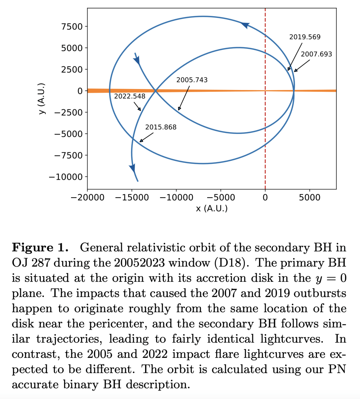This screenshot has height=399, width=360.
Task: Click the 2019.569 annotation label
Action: (x=304, y=37)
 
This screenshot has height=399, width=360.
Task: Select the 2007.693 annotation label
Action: (x=316, y=54)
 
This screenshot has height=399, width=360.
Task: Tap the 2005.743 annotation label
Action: (x=192, y=80)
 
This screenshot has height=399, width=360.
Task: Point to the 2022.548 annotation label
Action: (x=129, y=96)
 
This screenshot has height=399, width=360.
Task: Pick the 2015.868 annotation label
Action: (x=160, y=127)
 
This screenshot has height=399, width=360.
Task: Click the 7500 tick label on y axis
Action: (x=72, y=27)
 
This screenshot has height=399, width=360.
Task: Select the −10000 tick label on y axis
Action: (x=66, y=177)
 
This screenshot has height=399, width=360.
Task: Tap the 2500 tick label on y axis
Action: (x=72, y=69)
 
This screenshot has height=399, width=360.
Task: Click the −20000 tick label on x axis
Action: (x=87, y=197)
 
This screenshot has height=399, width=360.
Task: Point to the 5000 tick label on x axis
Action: (x=309, y=197)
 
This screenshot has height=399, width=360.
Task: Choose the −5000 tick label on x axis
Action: (x=220, y=197)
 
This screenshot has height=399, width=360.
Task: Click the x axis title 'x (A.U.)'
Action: (x=212, y=208)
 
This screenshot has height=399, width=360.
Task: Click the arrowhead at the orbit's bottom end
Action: (x=133, y=168)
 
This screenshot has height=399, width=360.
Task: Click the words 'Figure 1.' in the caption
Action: (x=40, y=247)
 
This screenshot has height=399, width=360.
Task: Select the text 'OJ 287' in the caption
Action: (x=30, y=263)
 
